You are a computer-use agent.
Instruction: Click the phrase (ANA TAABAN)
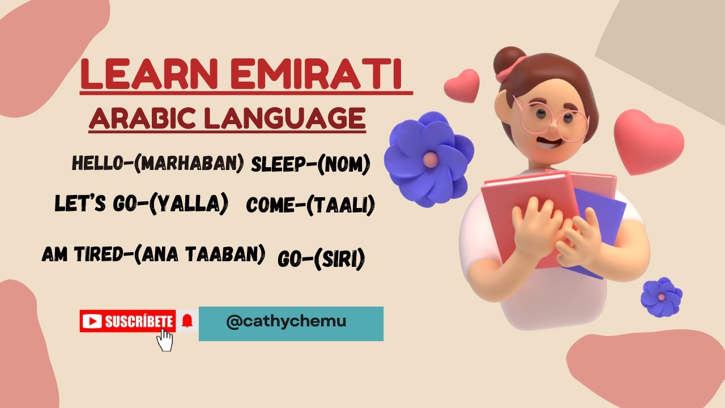(x=199, y=254)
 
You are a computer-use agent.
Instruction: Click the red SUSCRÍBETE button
(x=127, y=321)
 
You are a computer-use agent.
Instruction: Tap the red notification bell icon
(x=187, y=321)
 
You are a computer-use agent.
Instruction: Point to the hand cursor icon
(x=165, y=340)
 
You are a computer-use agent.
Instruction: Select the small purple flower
(x=661, y=296)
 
